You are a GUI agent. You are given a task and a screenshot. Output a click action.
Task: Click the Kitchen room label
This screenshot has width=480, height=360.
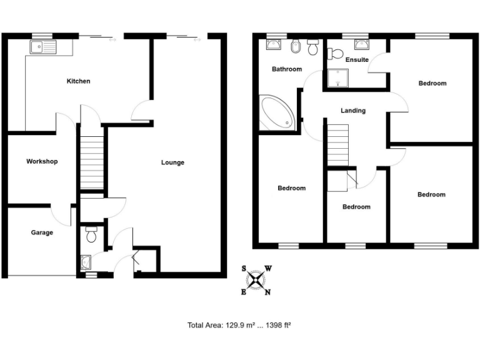[x=79, y=81]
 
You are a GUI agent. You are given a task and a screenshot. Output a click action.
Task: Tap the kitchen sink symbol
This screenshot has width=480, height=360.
[x=42, y=46]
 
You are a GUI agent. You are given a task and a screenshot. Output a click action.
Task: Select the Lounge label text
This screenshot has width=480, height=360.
[x=172, y=162]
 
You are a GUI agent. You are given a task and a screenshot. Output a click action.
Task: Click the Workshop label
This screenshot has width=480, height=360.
[x=42, y=161]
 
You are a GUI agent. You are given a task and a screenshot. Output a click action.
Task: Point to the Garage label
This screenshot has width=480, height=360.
[x=42, y=232]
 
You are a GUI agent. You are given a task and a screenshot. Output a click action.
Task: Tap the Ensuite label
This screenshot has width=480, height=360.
[x=357, y=60]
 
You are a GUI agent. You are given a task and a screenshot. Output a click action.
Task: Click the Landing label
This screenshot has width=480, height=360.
[x=353, y=111]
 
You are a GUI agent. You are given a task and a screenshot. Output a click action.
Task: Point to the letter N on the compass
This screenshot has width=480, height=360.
[x=267, y=292]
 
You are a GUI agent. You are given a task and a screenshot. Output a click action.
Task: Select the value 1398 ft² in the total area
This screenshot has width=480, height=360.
[x=279, y=325]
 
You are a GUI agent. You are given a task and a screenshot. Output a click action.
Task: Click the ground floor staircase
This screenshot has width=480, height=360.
[x=91, y=162]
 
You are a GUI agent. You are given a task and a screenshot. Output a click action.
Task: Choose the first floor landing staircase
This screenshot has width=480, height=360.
[x=337, y=145]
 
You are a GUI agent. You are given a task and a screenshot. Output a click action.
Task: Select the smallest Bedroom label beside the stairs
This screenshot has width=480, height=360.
[x=356, y=207]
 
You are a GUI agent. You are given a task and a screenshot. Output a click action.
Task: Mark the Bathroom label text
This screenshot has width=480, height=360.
[x=286, y=69]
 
